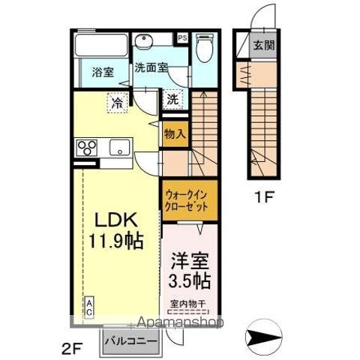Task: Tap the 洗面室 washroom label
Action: [150, 67]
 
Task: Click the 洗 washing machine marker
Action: [172, 98]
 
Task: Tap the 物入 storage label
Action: [175, 133]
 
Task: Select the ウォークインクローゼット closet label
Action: [190, 201]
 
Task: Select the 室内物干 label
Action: [190, 304]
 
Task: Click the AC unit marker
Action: [88, 307]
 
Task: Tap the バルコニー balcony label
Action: [131, 340]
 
